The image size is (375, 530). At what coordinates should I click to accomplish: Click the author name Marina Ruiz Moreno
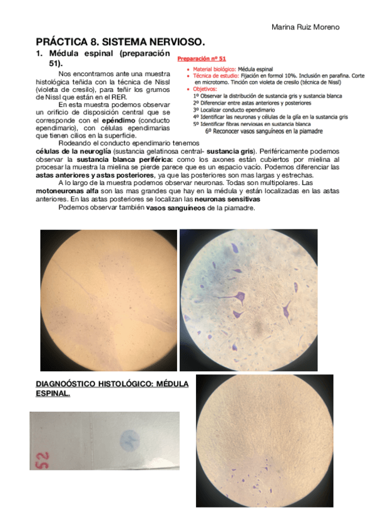point(305,27)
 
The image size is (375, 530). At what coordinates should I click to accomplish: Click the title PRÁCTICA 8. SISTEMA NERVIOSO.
point(120,42)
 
